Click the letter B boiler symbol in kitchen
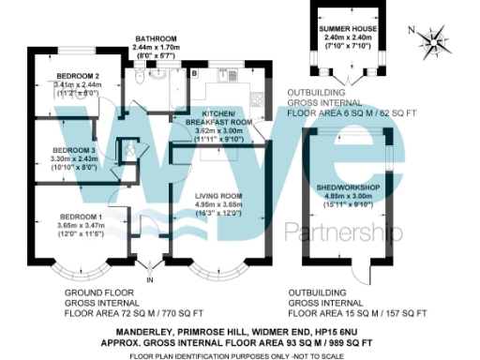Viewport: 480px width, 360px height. pyautogui.click(x=194, y=72)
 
